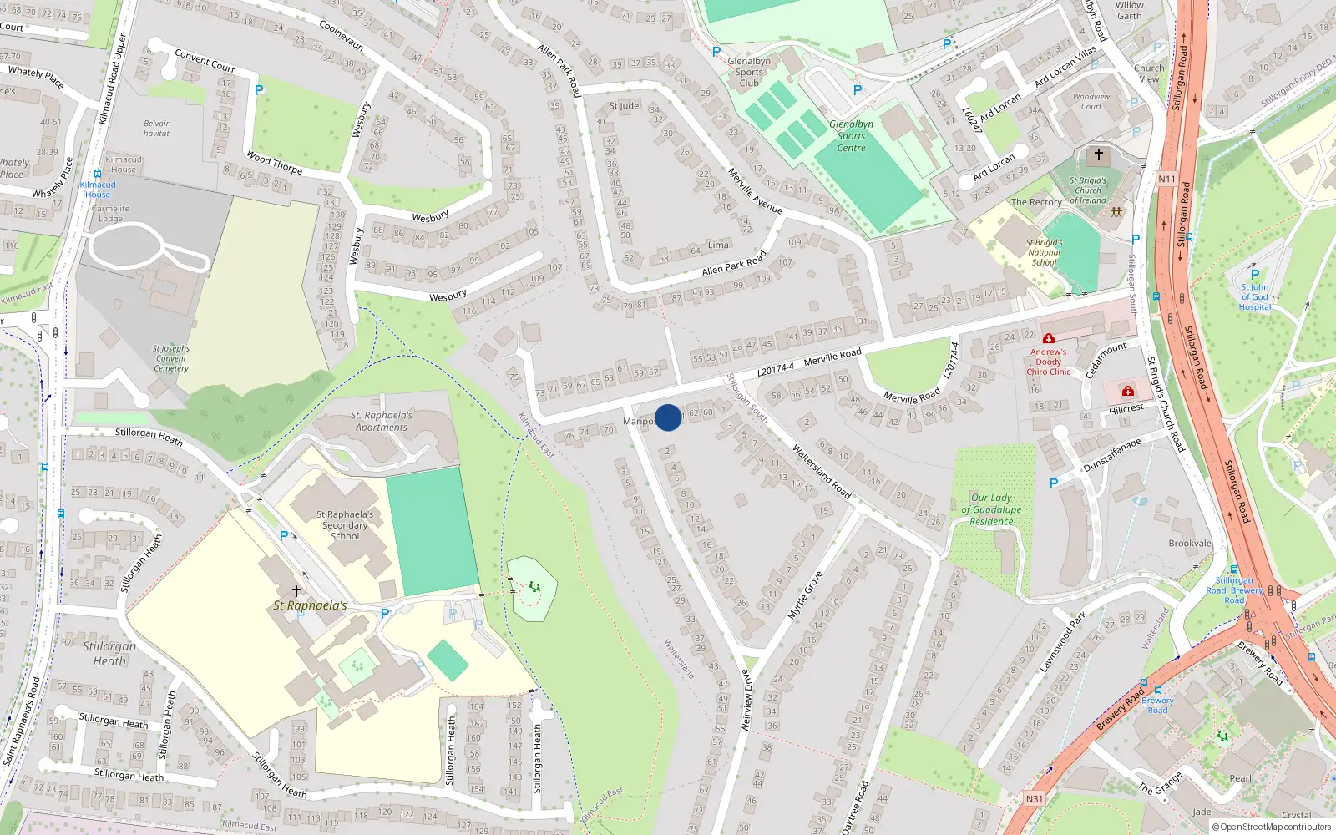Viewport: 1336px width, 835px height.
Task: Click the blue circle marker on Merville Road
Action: click(x=668, y=417)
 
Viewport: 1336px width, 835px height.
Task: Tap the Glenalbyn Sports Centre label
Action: click(x=851, y=136)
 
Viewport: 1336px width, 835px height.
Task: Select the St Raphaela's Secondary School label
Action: click(x=345, y=525)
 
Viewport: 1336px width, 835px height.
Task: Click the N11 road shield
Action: click(x=1166, y=179)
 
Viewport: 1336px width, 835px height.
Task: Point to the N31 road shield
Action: click(x=1035, y=798)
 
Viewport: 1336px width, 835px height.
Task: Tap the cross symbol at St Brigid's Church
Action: click(x=1099, y=154)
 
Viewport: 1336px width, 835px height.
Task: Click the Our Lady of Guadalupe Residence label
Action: click(x=991, y=509)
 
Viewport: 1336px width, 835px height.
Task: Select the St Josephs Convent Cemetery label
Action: click(x=170, y=358)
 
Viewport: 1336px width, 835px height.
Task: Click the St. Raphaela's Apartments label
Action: click(x=381, y=421)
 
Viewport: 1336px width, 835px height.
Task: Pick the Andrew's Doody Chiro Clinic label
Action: click(x=1048, y=362)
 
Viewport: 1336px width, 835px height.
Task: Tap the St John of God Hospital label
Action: click(x=1254, y=296)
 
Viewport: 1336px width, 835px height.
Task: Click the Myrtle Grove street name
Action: click(x=806, y=595)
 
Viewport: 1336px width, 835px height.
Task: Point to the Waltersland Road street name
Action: click(x=821, y=473)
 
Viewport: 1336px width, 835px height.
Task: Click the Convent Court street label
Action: click(x=205, y=60)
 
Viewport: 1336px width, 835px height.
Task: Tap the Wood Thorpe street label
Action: click(x=275, y=161)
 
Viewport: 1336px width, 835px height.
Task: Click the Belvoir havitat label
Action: click(x=156, y=128)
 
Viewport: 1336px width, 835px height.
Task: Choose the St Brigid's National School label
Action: click(x=1044, y=252)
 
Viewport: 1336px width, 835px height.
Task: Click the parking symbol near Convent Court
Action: click(x=259, y=90)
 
